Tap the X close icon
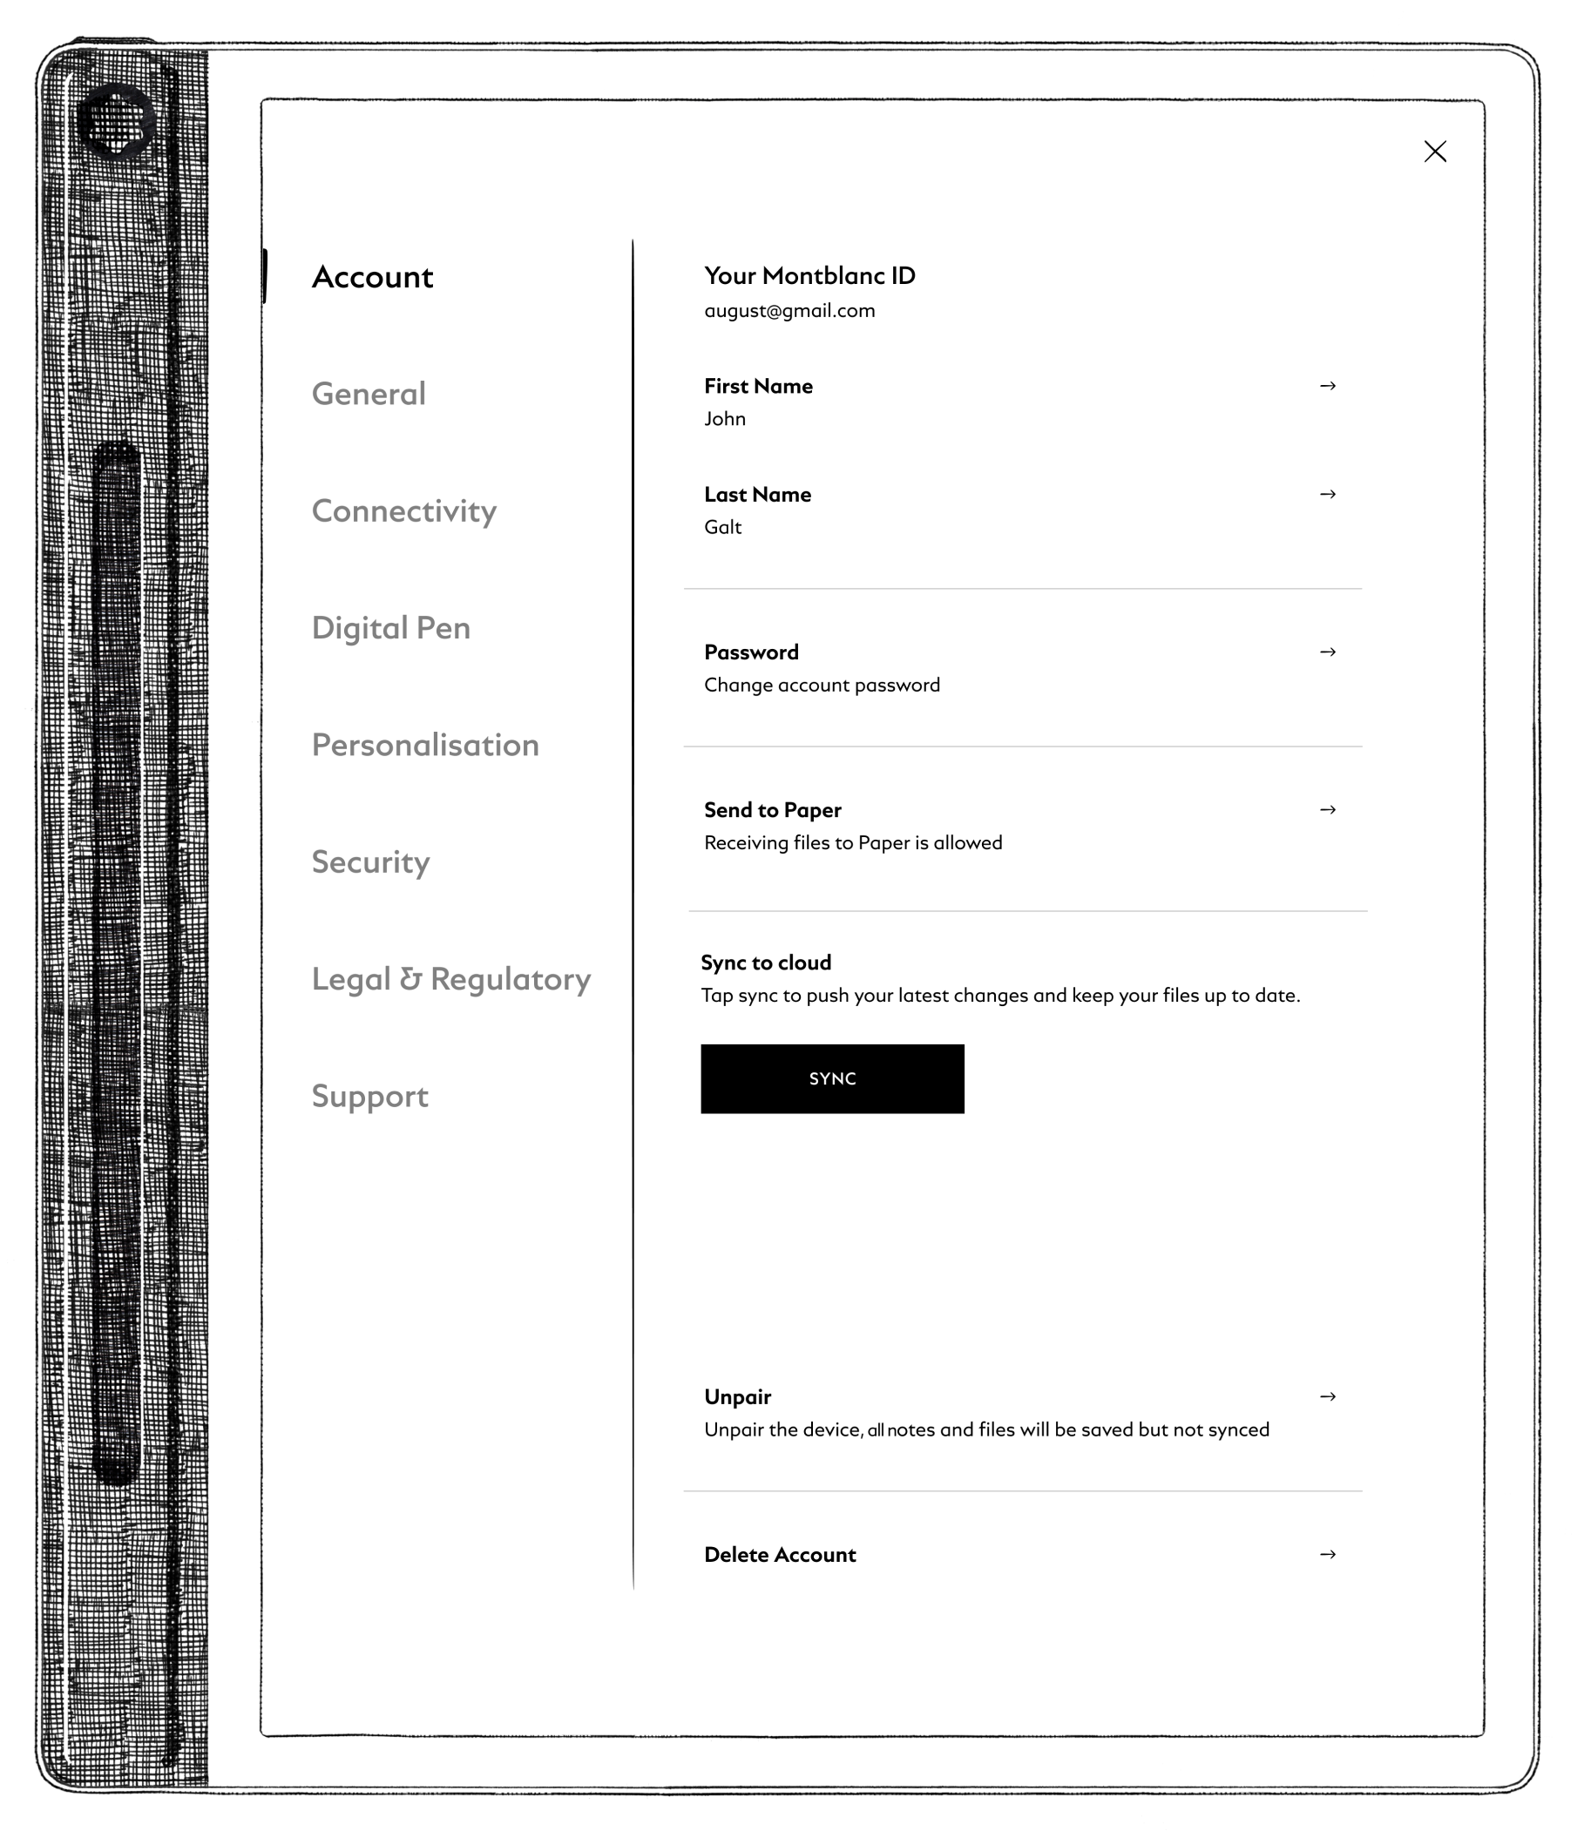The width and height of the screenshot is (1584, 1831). (1435, 152)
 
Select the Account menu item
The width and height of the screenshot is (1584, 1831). (372, 278)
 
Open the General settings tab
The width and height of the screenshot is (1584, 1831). (369, 394)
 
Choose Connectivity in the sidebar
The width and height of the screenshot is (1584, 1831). (404, 511)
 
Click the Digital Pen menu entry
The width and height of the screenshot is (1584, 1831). (390, 628)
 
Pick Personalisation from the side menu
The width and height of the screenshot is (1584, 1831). (425, 746)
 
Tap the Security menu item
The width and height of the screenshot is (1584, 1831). (370, 862)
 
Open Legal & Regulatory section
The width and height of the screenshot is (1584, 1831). (450, 980)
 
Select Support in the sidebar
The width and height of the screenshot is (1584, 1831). (369, 1097)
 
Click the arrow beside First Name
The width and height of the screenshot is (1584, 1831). (1327, 386)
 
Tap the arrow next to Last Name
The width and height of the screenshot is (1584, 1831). (1327, 494)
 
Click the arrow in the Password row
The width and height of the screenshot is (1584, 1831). (1327, 652)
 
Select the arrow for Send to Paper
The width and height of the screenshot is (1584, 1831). (1327, 809)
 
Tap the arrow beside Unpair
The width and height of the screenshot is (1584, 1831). (1327, 1396)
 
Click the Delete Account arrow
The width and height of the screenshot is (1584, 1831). (1327, 1554)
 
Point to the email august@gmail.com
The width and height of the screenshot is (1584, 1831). (789, 311)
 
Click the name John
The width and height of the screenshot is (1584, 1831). (725, 419)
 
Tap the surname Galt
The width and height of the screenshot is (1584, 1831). (722, 528)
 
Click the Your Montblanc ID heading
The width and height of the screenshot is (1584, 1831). (809, 276)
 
